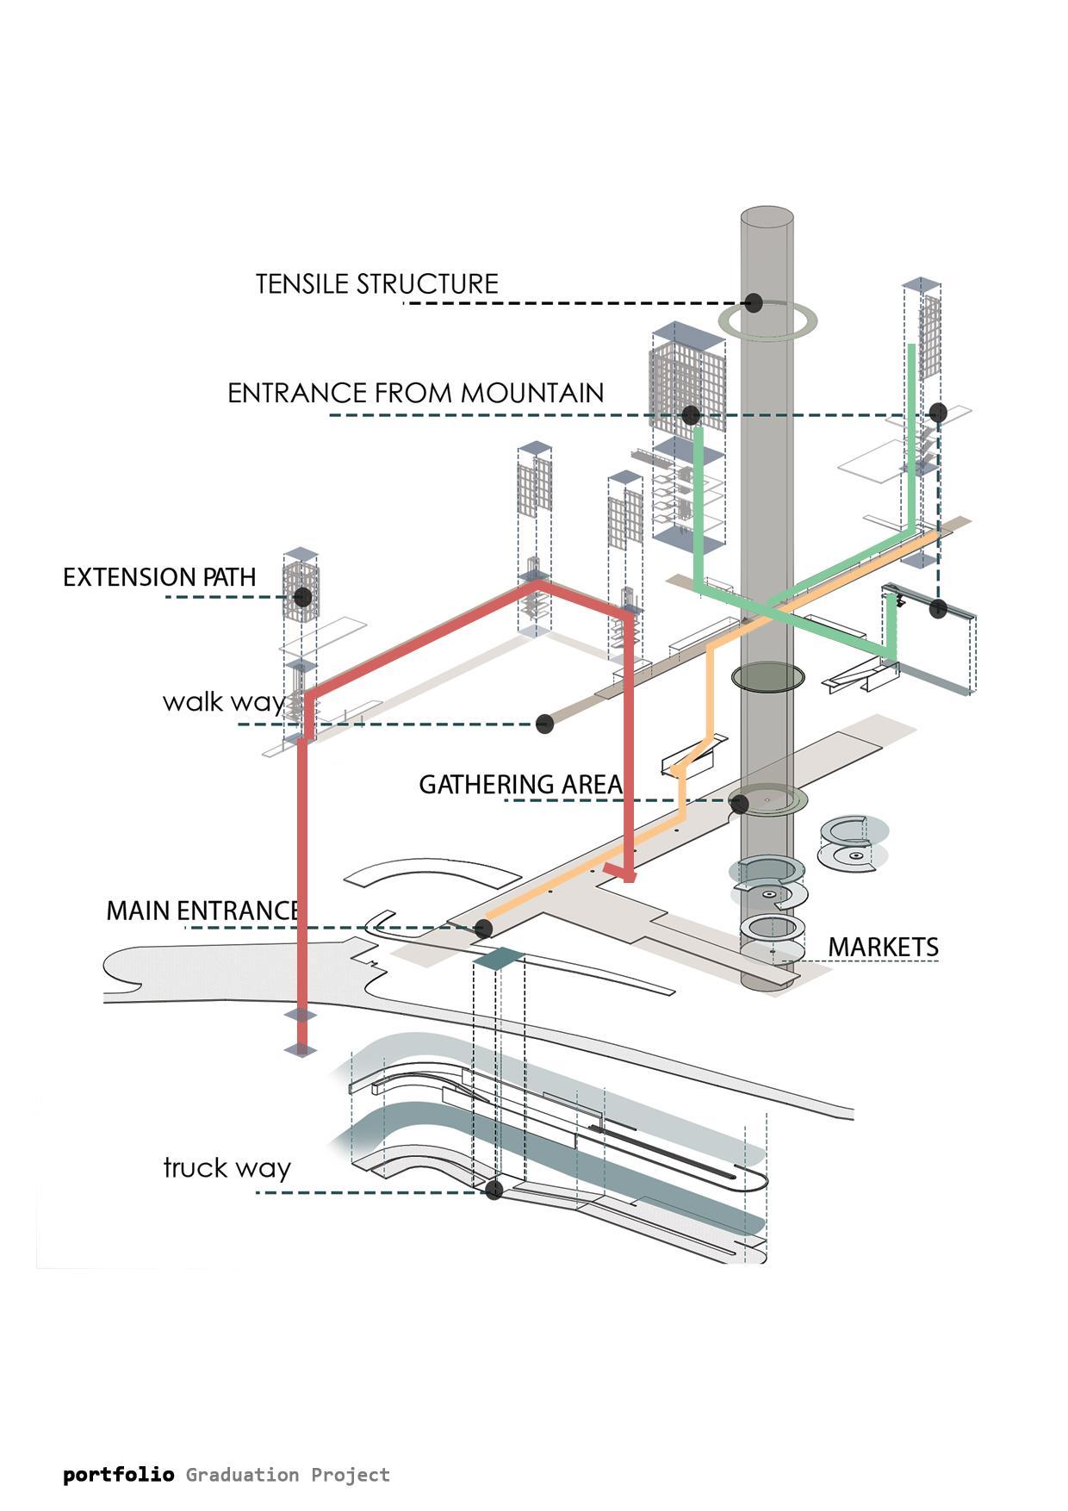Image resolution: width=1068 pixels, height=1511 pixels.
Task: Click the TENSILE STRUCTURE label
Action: coord(377,284)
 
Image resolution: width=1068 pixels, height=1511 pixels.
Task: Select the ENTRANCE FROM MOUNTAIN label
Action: coord(415,393)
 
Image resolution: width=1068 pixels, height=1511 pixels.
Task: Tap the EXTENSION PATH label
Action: coord(159,577)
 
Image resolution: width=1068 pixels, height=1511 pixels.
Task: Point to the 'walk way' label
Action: coord(224,702)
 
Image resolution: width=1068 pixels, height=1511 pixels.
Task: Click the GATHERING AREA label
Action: coord(520,785)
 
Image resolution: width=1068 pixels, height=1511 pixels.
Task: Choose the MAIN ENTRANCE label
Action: coord(202,911)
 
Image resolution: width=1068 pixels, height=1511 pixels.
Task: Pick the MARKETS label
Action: coord(883,947)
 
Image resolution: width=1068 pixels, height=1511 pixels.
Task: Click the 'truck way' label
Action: coord(227,1168)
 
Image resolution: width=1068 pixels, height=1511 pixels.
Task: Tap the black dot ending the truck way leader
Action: coord(494,1191)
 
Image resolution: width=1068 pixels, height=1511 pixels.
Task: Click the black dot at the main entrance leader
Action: coord(483,929)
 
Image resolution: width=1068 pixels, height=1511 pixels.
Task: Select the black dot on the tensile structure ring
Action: coord(754,302)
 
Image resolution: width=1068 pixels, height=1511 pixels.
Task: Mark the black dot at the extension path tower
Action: coord(302,597)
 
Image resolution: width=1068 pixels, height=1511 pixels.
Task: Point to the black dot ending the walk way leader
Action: coord(544,724)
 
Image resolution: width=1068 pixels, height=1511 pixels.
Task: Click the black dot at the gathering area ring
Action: coord(739,804)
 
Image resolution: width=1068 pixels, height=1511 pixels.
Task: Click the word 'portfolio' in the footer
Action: coord(119,1475)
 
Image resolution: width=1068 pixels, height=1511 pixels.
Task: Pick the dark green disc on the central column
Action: coord(768,677)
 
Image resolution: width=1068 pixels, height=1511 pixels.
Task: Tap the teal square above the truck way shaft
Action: coord(498,958)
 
